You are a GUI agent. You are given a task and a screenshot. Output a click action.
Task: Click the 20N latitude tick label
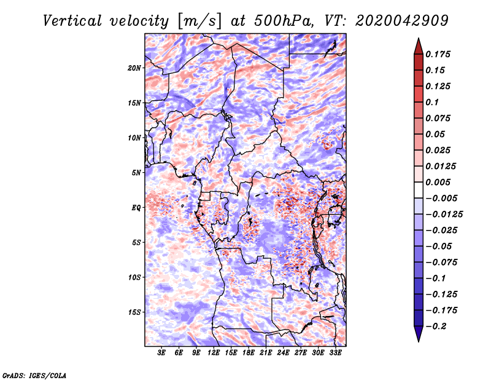[134, 68]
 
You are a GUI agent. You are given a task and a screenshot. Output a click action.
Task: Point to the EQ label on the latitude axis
[136, 208]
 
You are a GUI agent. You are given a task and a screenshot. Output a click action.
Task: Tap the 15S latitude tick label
[134, 312]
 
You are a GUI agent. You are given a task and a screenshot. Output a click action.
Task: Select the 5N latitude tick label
[136, 173]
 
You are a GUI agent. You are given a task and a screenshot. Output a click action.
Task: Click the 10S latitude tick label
[134, 277]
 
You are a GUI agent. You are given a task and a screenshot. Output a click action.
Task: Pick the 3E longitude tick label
[161, 353]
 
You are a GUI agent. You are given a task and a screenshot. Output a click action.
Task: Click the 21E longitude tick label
[266, 353]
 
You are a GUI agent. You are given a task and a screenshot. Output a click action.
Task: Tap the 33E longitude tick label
[335, 353]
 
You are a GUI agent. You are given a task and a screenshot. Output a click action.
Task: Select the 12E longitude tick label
[214, 353]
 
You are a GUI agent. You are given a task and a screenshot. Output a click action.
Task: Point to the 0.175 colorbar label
[438, 54]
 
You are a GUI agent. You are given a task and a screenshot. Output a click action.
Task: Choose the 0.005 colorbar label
[438, 182]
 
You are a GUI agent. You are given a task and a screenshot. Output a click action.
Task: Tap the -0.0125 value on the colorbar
[444, 215]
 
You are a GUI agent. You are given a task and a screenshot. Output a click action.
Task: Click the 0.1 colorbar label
[432, 102]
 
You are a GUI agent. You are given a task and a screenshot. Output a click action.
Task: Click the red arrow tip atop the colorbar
[419, 38]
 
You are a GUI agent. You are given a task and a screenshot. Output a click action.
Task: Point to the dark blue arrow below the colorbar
[419, 334]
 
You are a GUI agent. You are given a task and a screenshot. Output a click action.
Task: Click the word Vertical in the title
[72, 21]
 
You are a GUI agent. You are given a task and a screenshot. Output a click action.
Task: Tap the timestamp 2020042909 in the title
[402, 21]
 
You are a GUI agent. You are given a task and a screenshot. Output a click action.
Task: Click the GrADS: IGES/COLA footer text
[34, 375]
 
